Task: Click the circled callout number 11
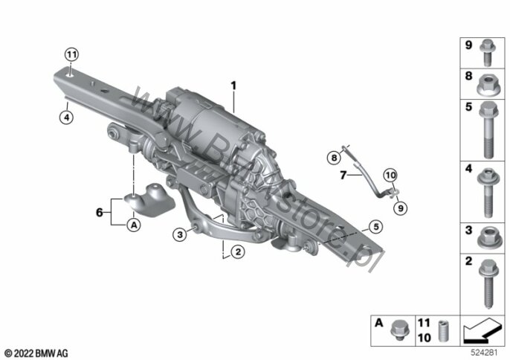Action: point(71,54)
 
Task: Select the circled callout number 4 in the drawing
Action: point(67,118)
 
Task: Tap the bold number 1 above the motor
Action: point(233,86)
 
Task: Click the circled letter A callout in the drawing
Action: point(134,225)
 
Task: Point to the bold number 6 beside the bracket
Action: point(99,212)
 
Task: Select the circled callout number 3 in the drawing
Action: point(180,234)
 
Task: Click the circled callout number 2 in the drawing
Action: point(238,251)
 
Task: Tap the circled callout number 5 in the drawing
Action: point(376,227)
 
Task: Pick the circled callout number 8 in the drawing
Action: point(334,158)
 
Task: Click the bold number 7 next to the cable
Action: point(343,175)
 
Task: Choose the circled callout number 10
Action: point(390,176)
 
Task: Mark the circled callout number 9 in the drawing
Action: point(401,208)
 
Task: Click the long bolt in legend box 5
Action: point(488,129)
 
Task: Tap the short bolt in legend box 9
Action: point(488,53)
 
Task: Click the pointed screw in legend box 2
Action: point(488,283)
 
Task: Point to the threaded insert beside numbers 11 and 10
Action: point(442,331)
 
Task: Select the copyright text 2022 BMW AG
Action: point(36,353)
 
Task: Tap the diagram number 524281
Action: point(484,352)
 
